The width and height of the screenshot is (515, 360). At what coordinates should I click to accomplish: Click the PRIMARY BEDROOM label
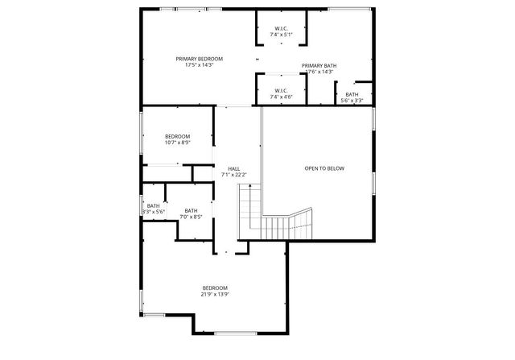pos(200,59)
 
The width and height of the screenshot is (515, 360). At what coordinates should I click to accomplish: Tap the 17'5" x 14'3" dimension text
pos(200,65)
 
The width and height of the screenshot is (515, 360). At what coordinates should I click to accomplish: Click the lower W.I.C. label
pos(282,90)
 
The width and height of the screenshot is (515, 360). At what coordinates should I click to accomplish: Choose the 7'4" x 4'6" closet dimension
pos(282,97)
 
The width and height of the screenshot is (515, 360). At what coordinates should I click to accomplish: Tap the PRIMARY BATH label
pos(319,65)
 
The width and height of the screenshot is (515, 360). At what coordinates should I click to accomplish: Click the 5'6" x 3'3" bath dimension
pos(352,101)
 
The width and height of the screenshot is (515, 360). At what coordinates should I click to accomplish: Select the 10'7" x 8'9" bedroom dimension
pos(178,143)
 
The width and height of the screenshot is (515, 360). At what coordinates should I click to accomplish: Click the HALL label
pos(233,168)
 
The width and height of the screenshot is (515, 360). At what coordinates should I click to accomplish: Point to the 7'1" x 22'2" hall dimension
pos(233,175)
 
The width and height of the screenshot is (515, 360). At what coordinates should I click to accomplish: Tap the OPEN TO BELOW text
pos(324,168)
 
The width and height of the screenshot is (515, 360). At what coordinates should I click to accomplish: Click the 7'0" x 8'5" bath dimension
pos(191,217)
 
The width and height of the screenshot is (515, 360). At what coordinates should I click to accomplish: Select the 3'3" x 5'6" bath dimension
pos(154,212)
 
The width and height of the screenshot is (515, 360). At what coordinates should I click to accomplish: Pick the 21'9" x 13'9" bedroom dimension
pos(215,295)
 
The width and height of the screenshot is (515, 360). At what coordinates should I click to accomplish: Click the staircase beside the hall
pos(274,217)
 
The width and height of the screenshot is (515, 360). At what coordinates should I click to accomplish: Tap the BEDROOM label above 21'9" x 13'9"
pos(215,288)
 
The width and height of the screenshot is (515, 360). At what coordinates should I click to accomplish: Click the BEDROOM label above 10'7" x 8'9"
pos(178,136)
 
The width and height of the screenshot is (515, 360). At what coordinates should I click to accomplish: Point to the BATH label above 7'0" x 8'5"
pos(191,210)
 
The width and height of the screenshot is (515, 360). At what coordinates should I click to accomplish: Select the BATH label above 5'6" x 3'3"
pos(352,94)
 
